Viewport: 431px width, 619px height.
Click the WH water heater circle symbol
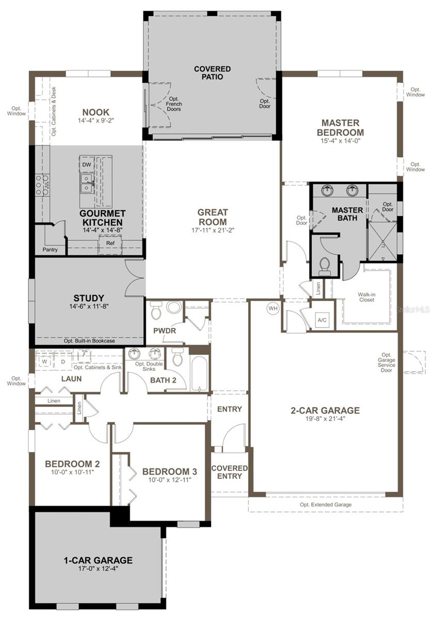click(x=272, y=308)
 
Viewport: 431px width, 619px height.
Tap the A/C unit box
click(x=322, y=320)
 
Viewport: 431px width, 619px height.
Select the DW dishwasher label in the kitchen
click(x=86, y=164)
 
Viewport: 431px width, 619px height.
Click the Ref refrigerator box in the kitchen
click(x=110, y=243)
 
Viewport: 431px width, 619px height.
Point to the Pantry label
click(x=50, y=250)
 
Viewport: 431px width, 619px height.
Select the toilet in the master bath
click(x=325, y=265)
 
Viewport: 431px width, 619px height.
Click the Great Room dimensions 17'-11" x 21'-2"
click(x=212, y=224)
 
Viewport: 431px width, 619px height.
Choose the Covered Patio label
click(x=212, y=73)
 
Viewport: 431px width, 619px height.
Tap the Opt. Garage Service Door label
click(x=386, y=361)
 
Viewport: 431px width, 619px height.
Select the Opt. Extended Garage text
click(x=325, y=504)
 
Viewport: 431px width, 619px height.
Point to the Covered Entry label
click(x=229, y=472)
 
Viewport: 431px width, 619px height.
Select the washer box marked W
click(x=44, y=361)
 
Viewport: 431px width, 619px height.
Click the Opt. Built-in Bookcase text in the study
click(x=89, y=341)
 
